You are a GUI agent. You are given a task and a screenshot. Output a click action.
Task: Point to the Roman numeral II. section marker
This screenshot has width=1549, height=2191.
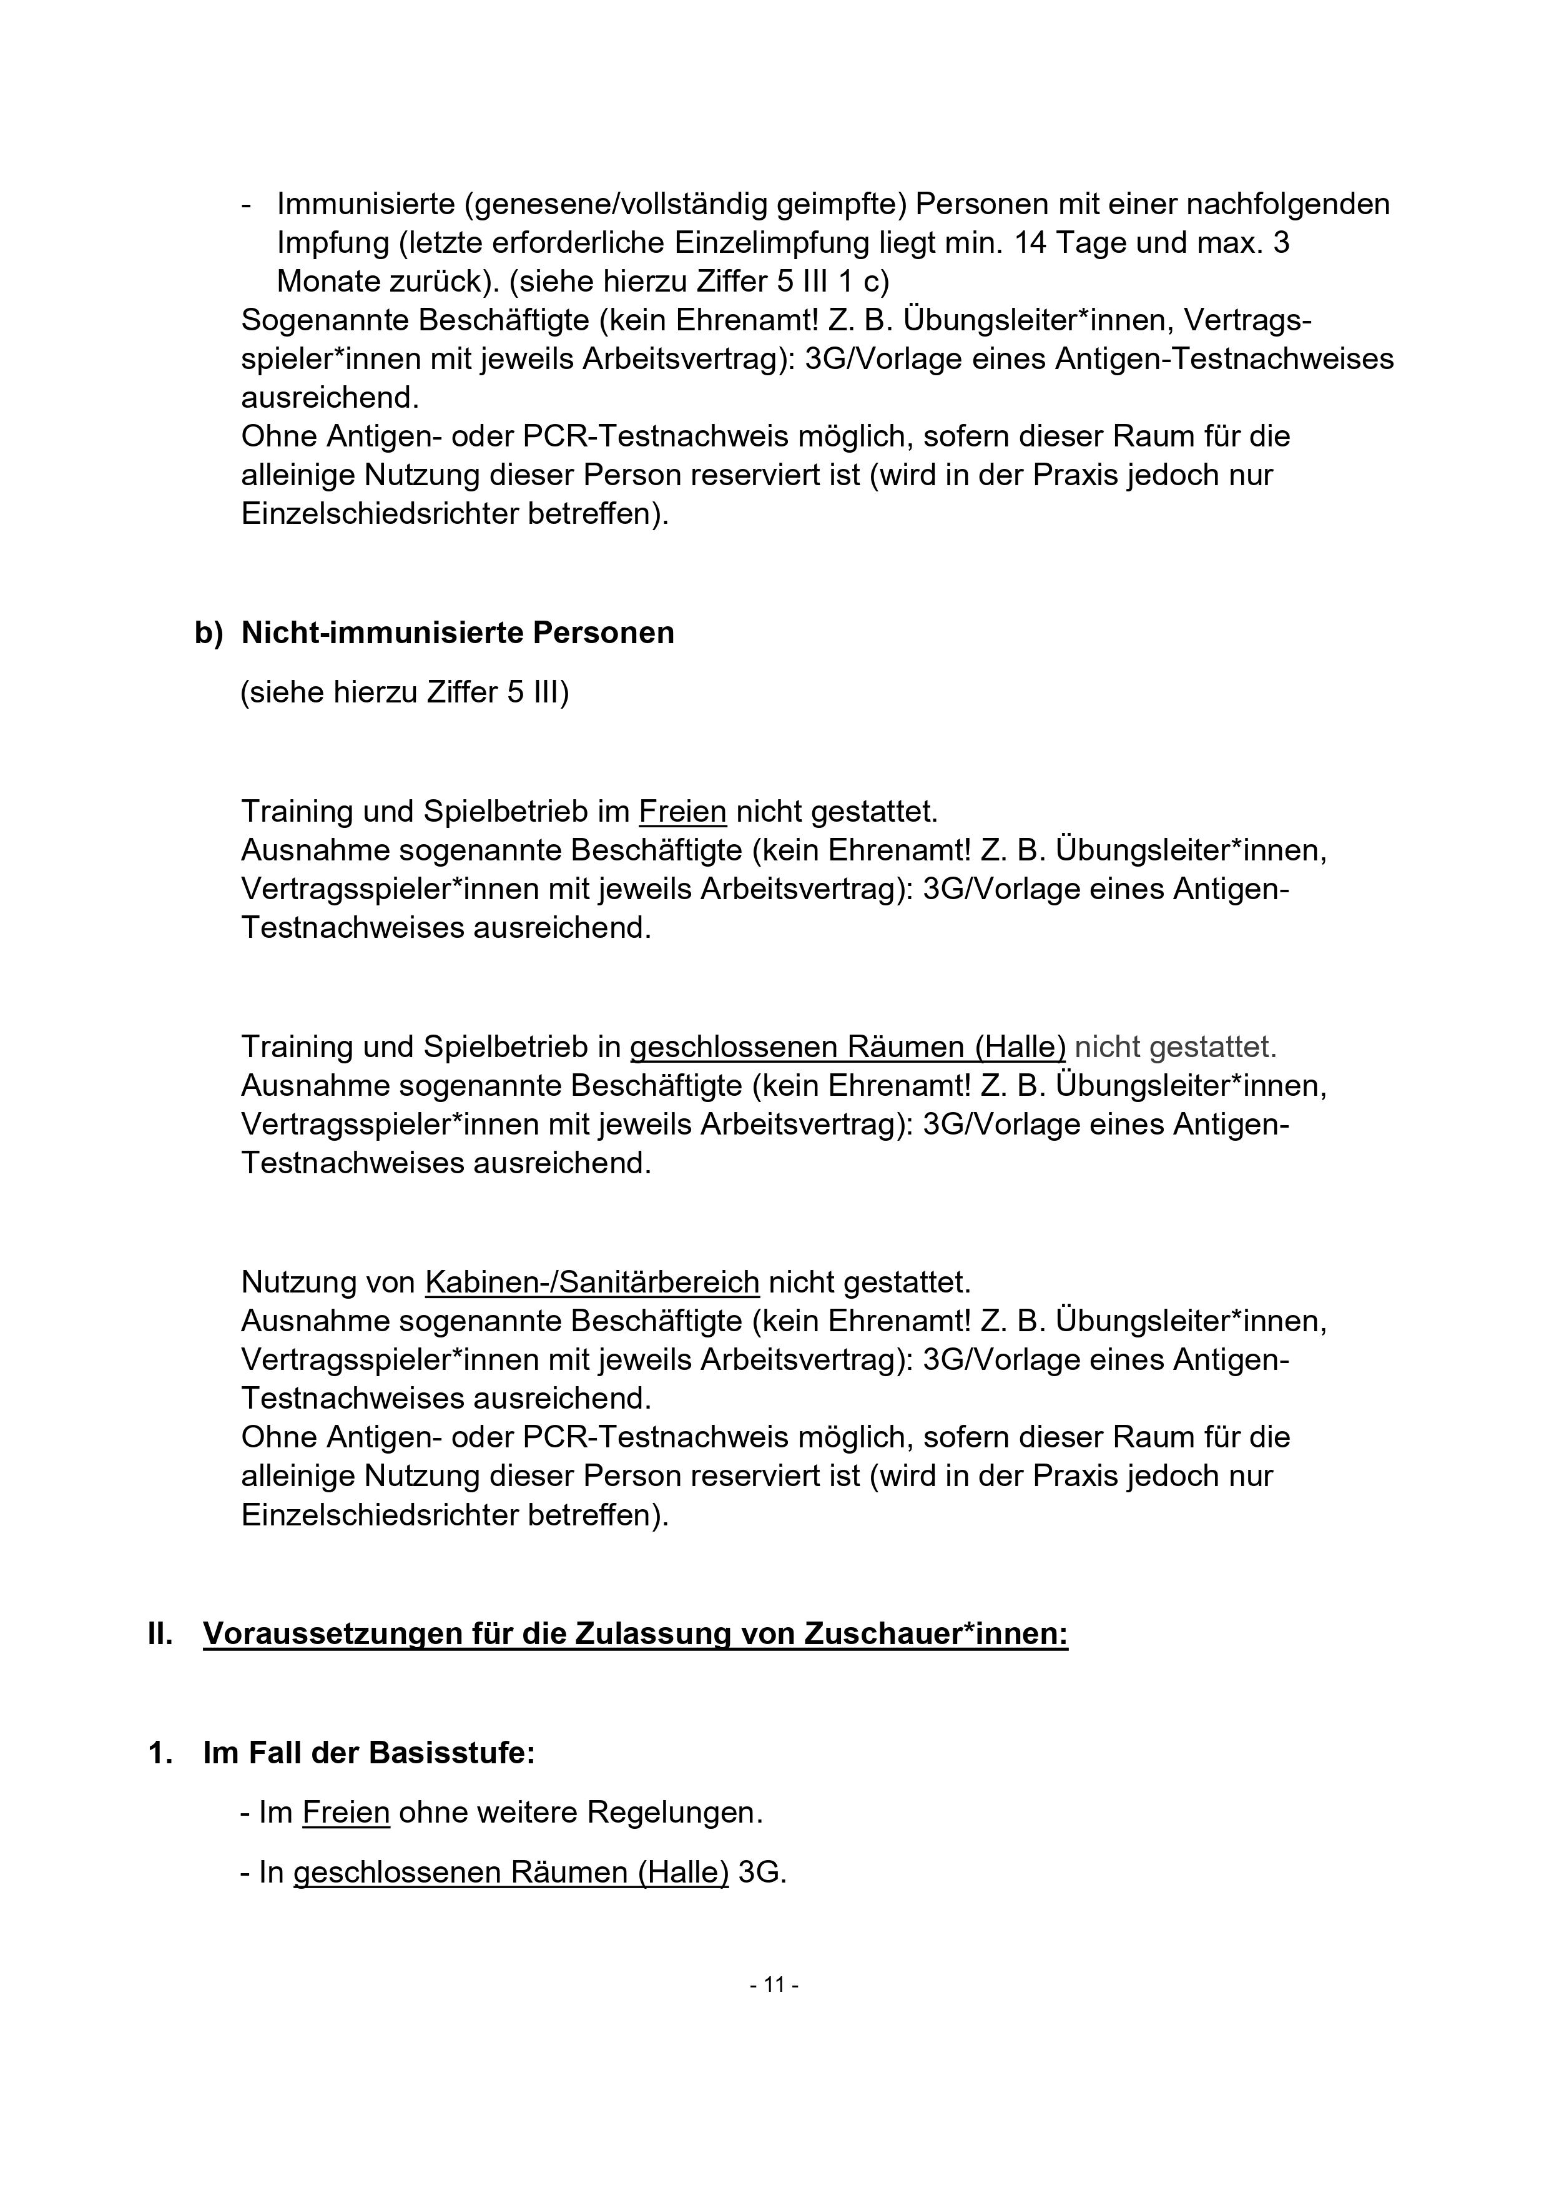pos(160,1633)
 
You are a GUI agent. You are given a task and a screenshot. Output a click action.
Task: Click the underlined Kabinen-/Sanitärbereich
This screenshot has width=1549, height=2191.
pos(592,1282)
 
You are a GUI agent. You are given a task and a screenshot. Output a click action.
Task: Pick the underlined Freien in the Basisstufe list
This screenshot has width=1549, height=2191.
pos(345,1812)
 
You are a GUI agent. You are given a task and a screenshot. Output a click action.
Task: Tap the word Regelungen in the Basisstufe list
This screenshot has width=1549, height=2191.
pos(674,1812)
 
